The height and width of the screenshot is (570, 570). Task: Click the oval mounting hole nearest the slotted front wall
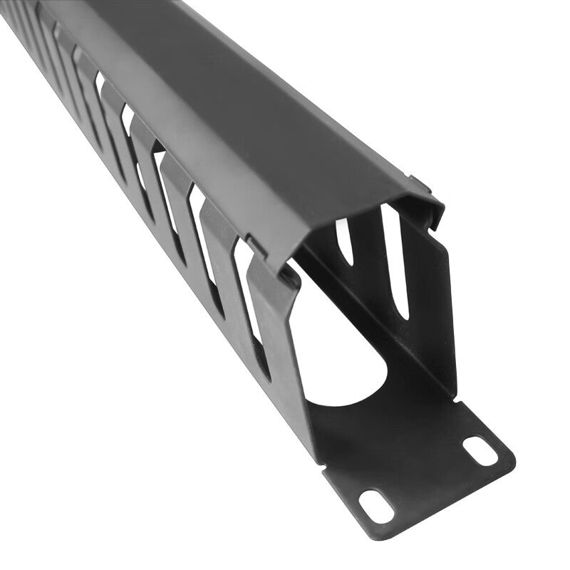pyautogui.click(x=376, y=504)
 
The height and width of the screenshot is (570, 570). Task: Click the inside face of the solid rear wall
pyautogui.click(x=420, y=313)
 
